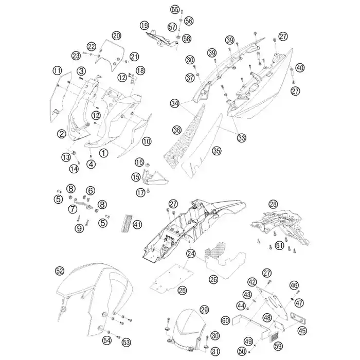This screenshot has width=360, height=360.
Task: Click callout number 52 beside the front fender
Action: coord(60,272)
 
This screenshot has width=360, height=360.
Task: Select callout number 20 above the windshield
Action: coord(116,36)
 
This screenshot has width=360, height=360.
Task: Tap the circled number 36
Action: coord(177,130)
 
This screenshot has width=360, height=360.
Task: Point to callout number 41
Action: coord(137,224)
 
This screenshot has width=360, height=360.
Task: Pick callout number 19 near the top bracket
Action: coord(145,25)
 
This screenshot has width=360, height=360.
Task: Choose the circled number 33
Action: coord(241,138)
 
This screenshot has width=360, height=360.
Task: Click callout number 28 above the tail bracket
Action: coord(273,204)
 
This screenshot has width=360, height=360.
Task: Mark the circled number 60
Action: coord(225,320)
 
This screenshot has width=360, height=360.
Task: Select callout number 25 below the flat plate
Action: coord(182,291)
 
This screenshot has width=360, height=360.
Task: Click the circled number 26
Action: coord(213,279)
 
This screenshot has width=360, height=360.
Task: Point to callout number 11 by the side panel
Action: coord(58,70)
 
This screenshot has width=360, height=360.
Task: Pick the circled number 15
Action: coord(136,177)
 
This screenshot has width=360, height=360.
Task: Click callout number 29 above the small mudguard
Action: coord(204,310)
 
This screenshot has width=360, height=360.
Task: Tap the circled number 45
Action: coord(302,331)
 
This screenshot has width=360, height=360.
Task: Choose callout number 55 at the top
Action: coord(175,10)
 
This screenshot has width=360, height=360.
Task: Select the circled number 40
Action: coord(300,68)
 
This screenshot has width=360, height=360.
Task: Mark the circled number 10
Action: coord(147,141)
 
